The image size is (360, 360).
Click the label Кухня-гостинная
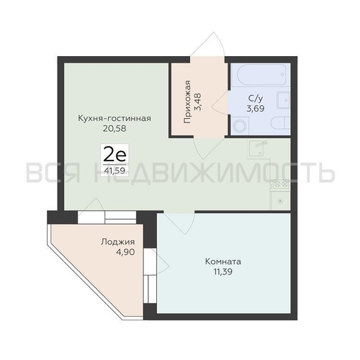[114, 118]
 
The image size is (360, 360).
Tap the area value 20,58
[114, 129]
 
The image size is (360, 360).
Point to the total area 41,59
[114, 171]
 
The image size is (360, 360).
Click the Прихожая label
[187, 102]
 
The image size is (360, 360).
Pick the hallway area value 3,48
[199, 102]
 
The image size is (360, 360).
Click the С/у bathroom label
[256, 98]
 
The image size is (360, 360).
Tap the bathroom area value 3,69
[256, 109]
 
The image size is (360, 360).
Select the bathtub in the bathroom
[261, 74]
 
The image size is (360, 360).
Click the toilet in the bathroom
[281, 123]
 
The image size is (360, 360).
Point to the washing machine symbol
[239, 125]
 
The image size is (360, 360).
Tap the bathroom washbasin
[284, 100]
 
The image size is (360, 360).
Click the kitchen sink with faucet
[258, 149]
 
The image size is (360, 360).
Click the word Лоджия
[118, 242]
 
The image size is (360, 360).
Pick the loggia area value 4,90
[125, 252]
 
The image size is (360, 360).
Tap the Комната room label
[223, 261]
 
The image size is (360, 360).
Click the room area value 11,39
[223, 272]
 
